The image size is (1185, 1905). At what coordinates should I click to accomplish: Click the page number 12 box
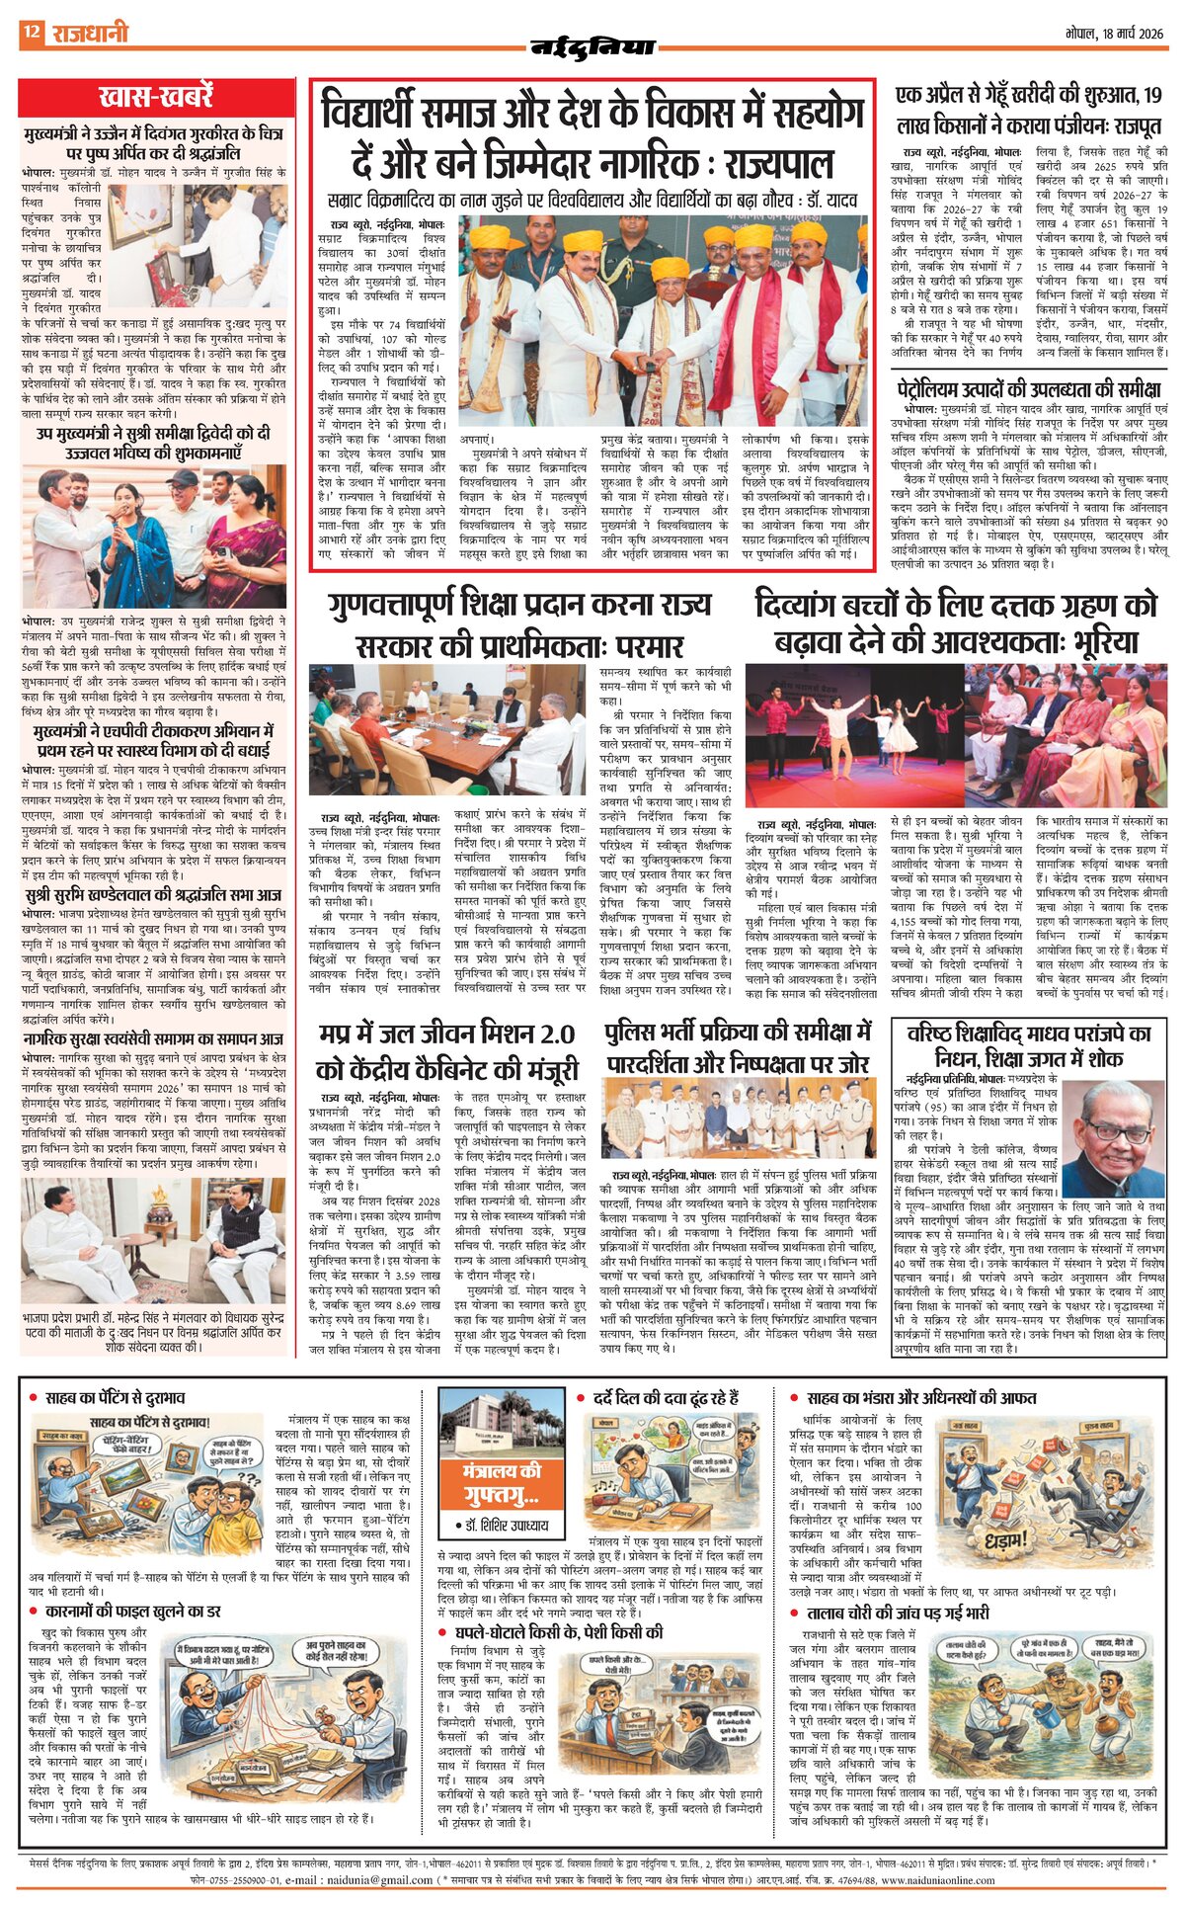[31, 34]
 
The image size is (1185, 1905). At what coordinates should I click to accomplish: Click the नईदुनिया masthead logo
[592, 46]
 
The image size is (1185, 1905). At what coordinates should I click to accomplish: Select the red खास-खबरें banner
[156, 98]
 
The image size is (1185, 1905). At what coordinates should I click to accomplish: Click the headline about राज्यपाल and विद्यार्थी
[592, 138]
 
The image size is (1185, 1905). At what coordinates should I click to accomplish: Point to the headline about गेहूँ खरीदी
[1029, 111]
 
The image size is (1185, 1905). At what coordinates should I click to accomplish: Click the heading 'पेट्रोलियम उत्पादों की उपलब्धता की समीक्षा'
[1029, 387]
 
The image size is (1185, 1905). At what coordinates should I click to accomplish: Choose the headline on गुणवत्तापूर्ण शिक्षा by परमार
[519, 624]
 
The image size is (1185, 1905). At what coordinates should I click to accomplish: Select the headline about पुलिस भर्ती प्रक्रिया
[739, 1047]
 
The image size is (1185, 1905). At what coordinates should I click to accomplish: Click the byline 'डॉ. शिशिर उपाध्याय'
[503, 1526]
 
